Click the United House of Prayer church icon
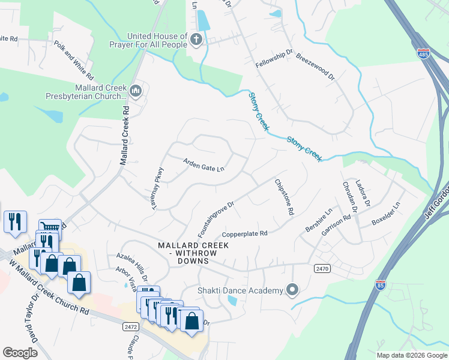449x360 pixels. tap(195, 40)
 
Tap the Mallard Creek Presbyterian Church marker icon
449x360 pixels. tap(135, 91)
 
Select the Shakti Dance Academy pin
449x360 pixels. tap(292, 290)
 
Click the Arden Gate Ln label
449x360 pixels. tap(203, 164)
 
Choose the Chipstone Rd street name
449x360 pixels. tap(284, 197)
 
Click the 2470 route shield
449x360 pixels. tap(322, 269)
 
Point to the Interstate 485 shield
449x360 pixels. tap(424, 53)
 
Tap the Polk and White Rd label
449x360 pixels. tap(74, 61)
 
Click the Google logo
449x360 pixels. tap(20, 353)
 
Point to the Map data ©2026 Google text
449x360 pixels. tap(411, 355)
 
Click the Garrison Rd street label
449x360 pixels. tap(338, 225)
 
